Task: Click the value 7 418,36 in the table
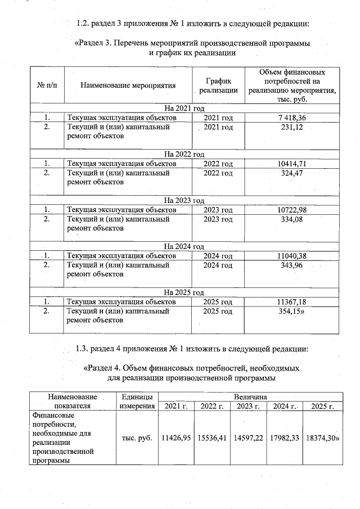click(291, 118)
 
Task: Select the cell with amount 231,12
click(291, 128)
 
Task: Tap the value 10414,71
click(291, 164)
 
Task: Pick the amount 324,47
click(291, 173)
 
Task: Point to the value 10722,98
click(291, 210)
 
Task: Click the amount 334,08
click(291, 219)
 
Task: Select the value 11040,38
click(291, 256)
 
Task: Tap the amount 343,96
click(291, 265)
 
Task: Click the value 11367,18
click(291, 302)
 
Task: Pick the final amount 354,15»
click(292, 312)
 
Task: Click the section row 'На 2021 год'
click(184, 108)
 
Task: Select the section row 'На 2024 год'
click(184, 246)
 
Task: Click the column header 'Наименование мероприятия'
click(128, 86)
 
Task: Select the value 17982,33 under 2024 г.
click(284, 437)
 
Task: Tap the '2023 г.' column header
click(248, 406)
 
